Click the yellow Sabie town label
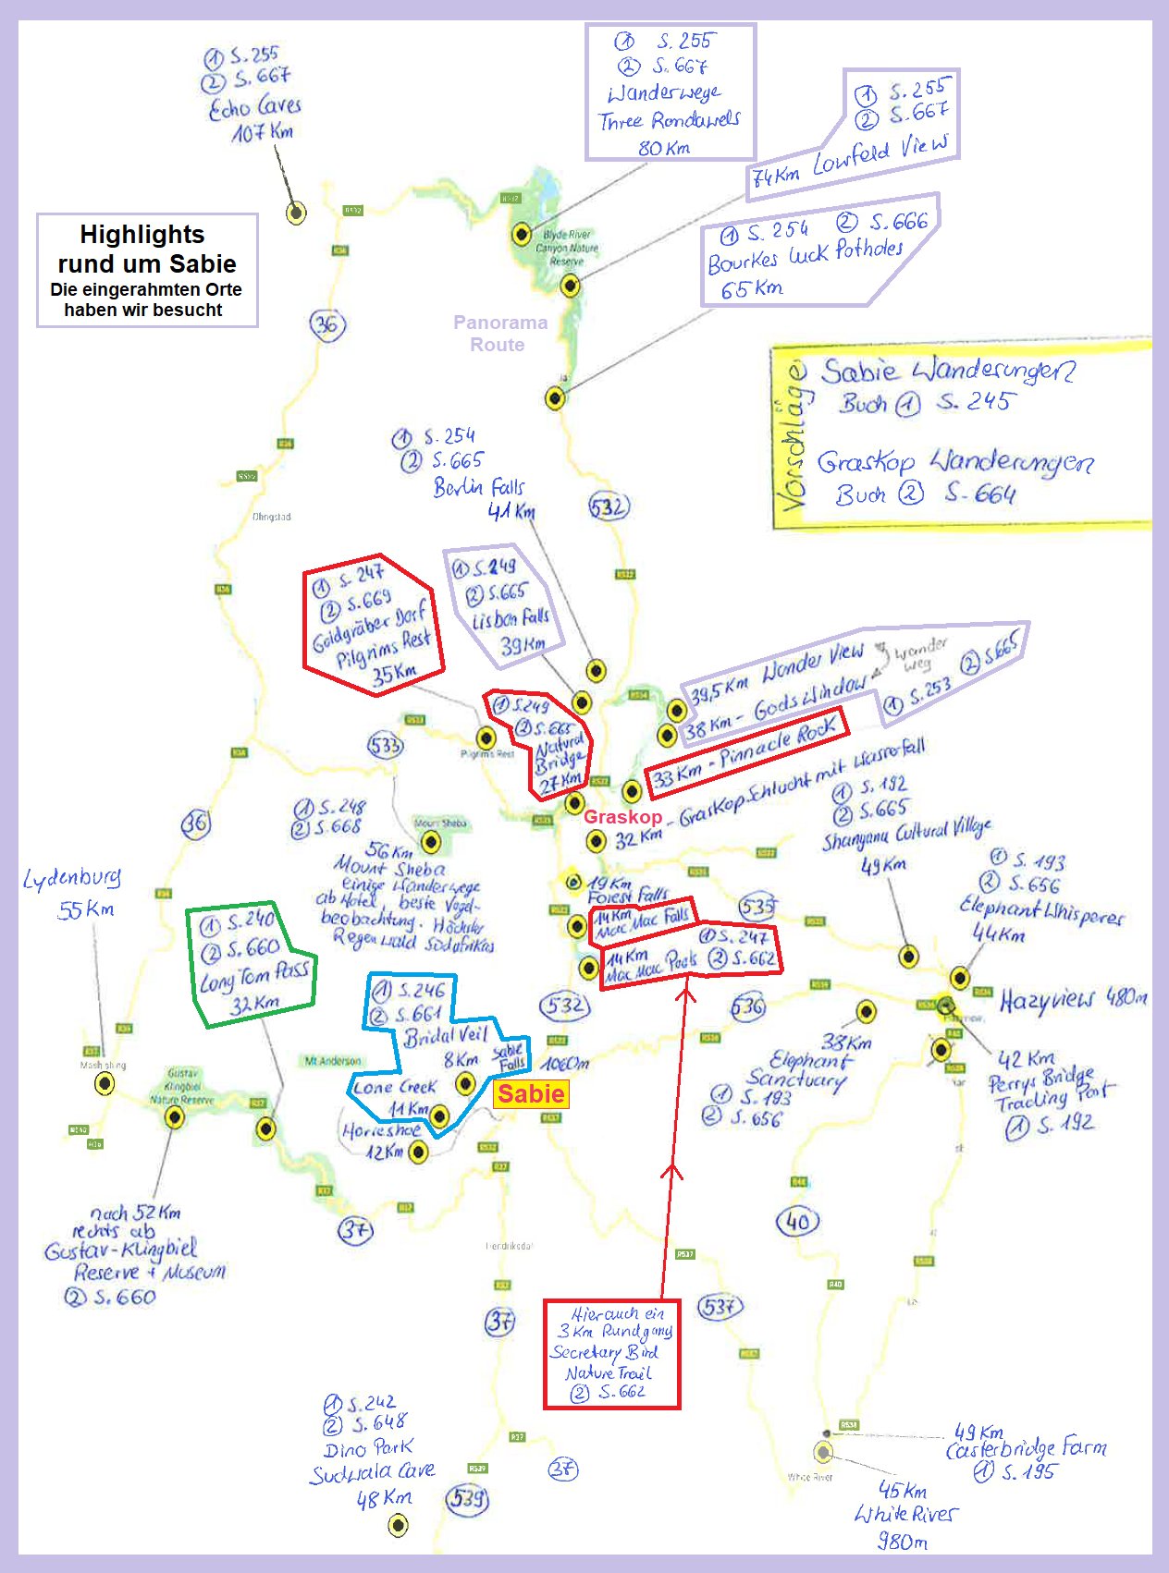(x=531, y=1094)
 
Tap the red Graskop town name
(x=622, y=817)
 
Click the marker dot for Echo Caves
(x=296, y=213)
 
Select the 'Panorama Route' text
(x=499, y=334)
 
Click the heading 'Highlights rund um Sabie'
(x=146, y=250)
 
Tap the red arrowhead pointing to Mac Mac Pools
(x=685, y=994)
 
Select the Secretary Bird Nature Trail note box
(x=611, y=1354)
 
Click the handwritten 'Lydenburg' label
(x=72, y=878)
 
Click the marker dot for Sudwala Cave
(x=398, y=1525)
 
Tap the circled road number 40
(x=798, y=1222)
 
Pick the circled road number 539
(x=467, y=1498)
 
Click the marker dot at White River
(x=823, y=1451)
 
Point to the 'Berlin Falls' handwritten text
(x=478, y=487)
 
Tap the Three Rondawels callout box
(x=671, y=92)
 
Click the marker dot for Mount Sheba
(x=431, y=842)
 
